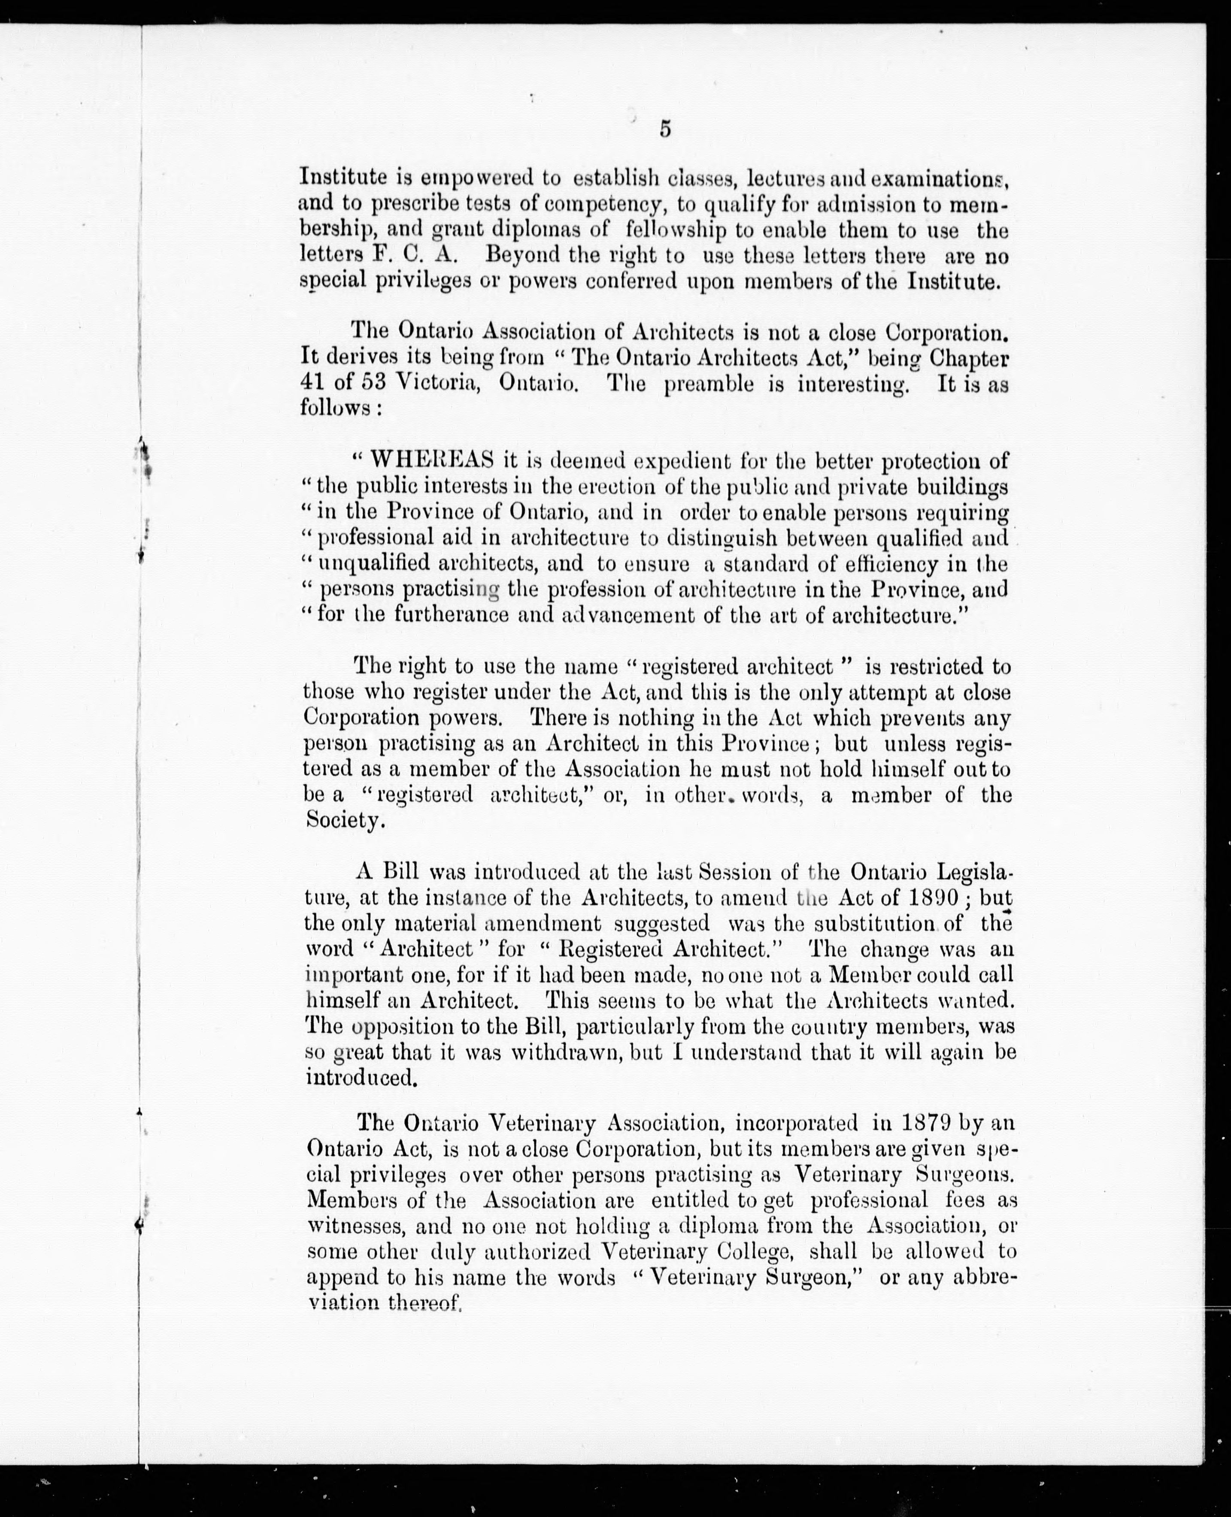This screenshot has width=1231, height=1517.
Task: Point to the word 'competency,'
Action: tap(606, 205)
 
